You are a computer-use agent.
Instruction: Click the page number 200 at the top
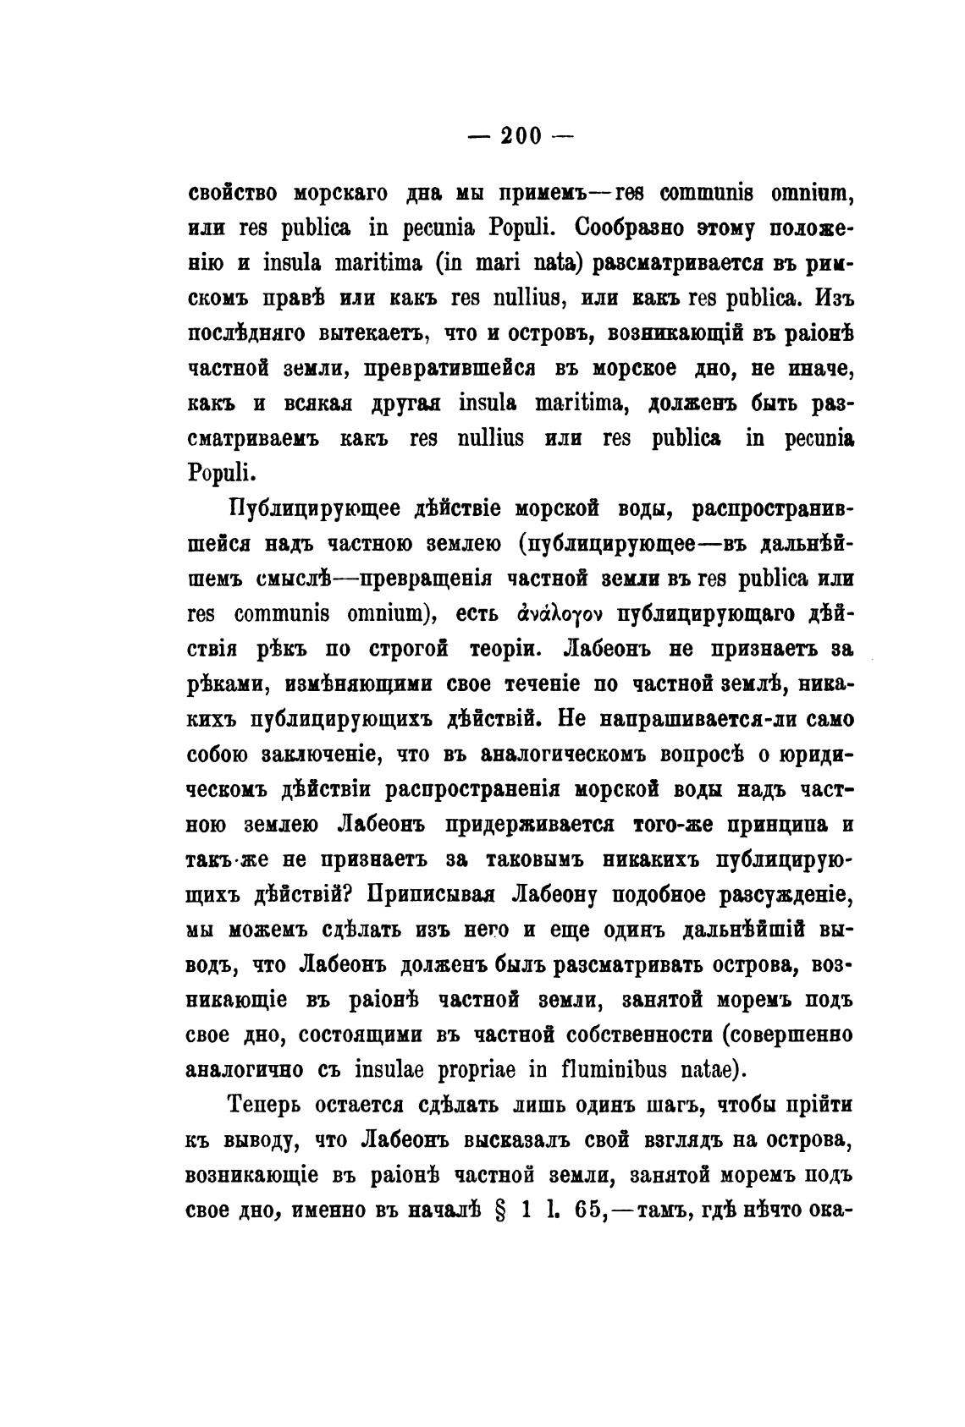[x=521, y=136]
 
